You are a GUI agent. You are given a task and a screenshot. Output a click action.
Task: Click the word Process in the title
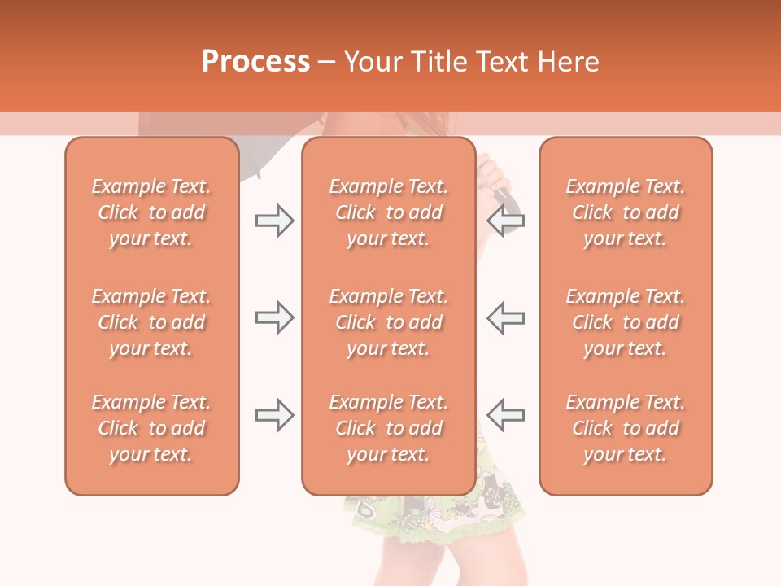point(255,61)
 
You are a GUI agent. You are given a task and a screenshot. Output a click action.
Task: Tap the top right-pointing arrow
point(274,221)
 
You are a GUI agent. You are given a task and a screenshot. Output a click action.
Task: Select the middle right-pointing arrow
point(274,318)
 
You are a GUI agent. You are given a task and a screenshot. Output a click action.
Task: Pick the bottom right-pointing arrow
point(274,415)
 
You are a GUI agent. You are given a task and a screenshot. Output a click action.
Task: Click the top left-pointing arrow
point(506,221)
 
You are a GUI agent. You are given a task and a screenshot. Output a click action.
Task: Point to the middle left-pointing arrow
point(506,318)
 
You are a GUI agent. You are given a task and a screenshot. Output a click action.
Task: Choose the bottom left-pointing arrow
point(506,415)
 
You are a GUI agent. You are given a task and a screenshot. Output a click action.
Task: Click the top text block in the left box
point(151,212)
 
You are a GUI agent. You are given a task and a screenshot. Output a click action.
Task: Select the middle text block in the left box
point(151,322)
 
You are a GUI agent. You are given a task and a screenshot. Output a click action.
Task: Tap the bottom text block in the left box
point(151,428)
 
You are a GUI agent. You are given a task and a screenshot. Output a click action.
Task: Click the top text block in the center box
point(388,212)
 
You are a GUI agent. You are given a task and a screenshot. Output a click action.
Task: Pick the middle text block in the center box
point(388,322)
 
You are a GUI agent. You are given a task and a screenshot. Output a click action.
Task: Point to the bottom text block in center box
point(388,428)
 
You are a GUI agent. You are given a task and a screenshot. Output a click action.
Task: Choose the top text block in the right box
point(626,212)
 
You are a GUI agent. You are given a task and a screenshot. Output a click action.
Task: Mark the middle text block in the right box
point(626,322)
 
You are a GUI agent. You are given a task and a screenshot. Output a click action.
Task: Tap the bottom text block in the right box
point(626,428)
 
